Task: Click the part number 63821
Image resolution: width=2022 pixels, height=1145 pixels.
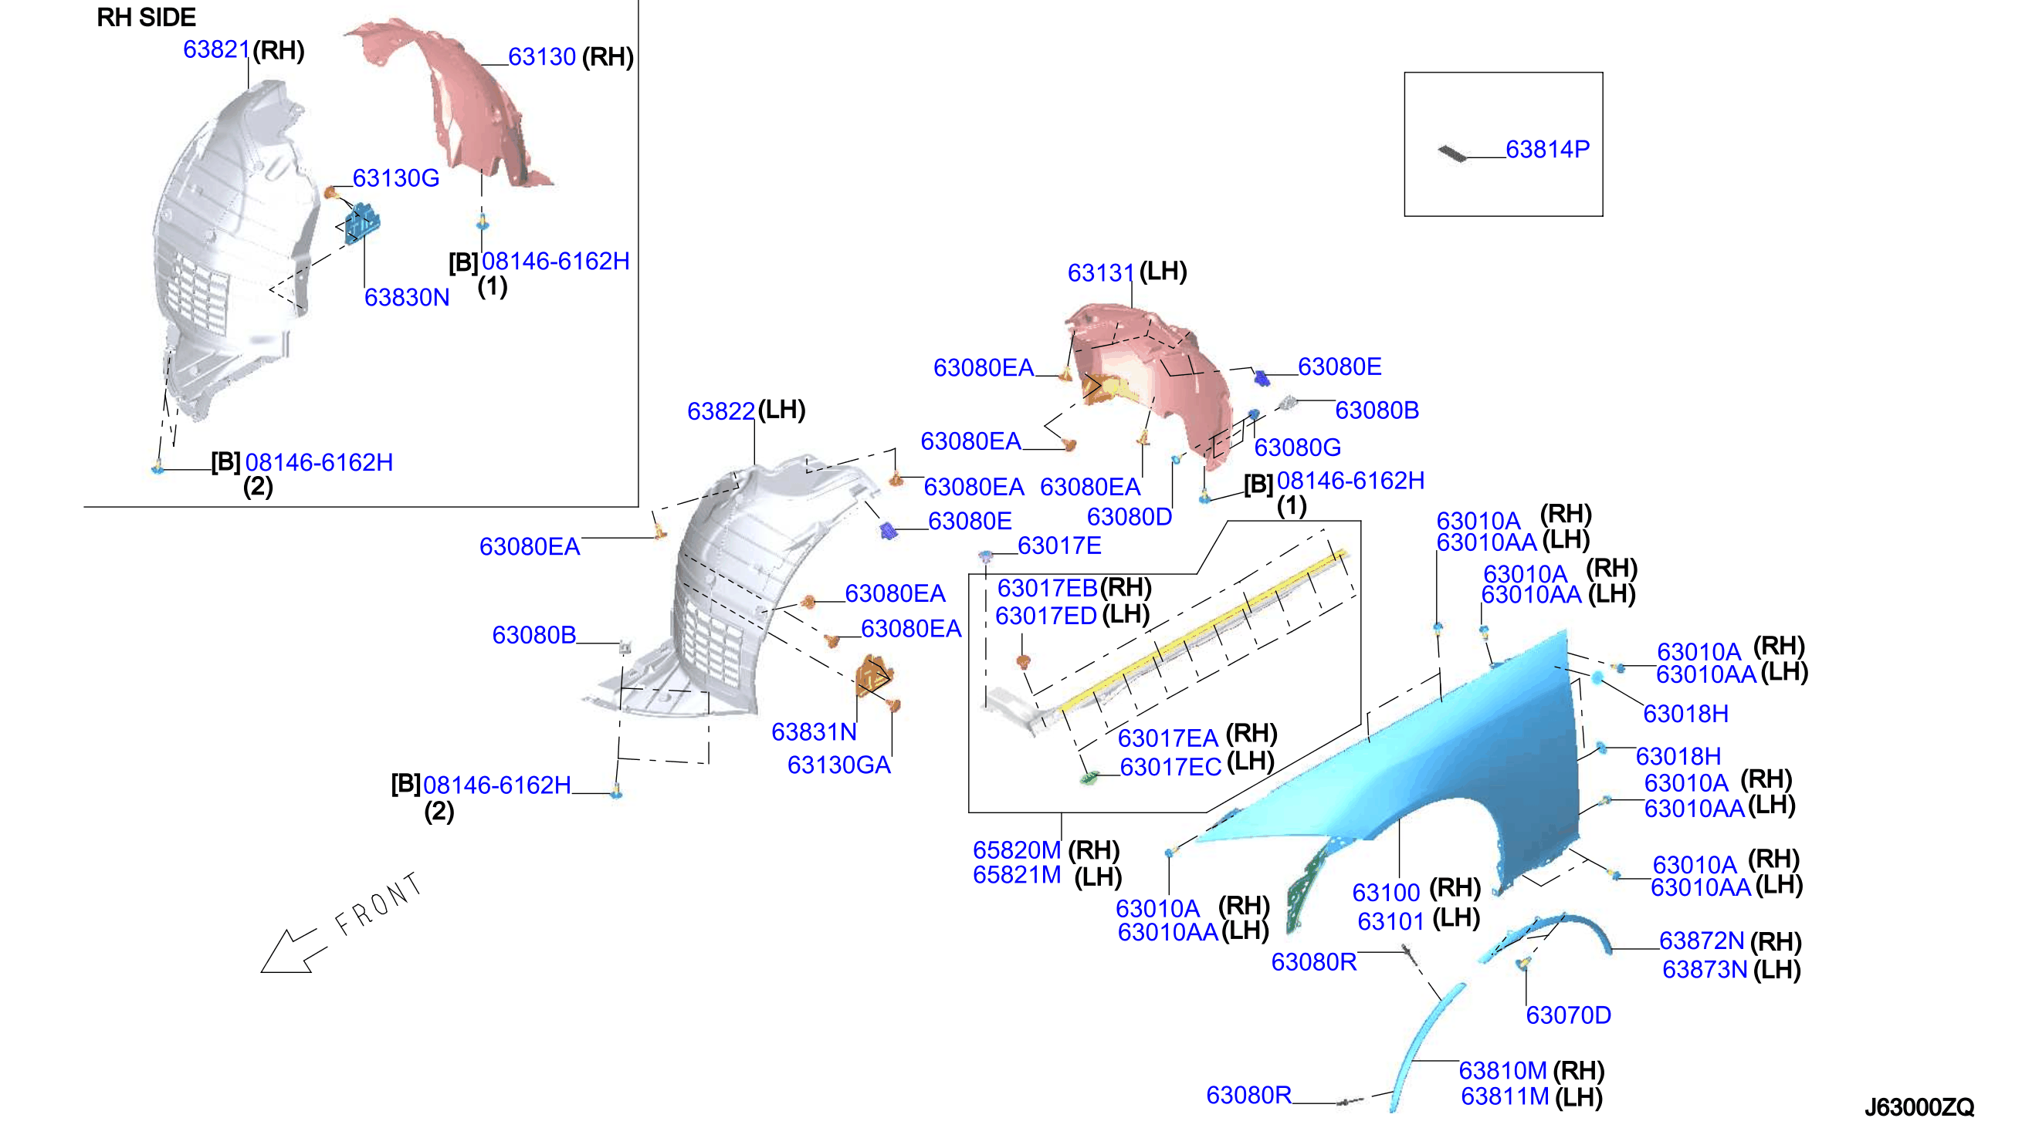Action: (216, 49)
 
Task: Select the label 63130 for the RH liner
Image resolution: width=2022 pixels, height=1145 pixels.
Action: (542, 56)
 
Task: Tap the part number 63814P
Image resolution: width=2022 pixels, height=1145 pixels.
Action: (1546, 149)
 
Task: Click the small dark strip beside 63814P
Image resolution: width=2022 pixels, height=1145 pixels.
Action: (1452, 154)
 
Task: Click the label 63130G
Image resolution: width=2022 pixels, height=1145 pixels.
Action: (396, 177)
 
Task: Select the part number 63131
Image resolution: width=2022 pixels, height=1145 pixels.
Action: (1101, 272)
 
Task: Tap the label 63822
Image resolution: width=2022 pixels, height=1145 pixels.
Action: (720, 410)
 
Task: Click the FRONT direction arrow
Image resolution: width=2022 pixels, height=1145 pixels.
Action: (293, 951)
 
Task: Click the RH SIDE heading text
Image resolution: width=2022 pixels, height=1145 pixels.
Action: (147, 17)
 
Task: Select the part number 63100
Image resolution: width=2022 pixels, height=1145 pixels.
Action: (1387, 893)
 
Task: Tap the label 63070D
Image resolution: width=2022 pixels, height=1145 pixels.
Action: (1568, 1015)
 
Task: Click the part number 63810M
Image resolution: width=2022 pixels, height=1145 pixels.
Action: (1502, 1070)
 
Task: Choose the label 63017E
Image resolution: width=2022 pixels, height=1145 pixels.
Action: (1059, 545)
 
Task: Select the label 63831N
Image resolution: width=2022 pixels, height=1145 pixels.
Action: (814, 731)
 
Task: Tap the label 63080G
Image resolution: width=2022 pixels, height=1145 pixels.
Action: (1297, 447)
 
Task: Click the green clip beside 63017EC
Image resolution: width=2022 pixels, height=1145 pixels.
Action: (1088, 778)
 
